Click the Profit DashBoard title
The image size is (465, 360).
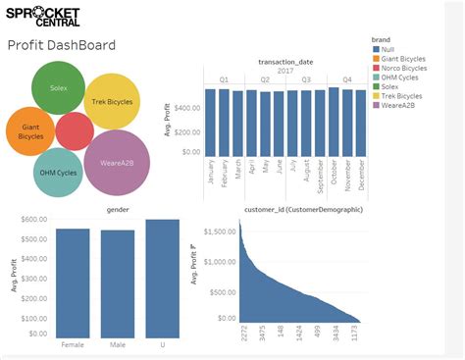[62, 46]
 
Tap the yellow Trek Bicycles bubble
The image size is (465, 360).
[113, 101]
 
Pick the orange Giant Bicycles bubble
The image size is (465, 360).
[30, 130]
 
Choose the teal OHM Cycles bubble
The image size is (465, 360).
[59, 172]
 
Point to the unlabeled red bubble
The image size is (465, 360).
[75, 131]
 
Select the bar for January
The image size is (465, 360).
[211, 122]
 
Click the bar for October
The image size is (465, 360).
[334, 121]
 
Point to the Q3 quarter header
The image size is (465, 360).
[306, 79]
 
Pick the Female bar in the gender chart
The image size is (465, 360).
[73, 281]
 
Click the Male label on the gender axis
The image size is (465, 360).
[118, 344]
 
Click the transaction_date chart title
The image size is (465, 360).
[285, 61]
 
